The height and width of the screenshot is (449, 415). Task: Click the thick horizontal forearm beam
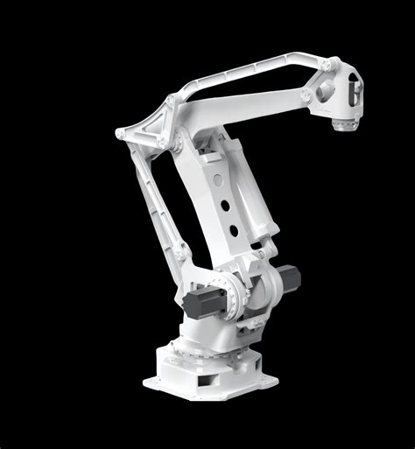[x=254, y=102]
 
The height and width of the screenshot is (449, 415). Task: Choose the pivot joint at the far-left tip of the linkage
[x=120, y=133]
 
